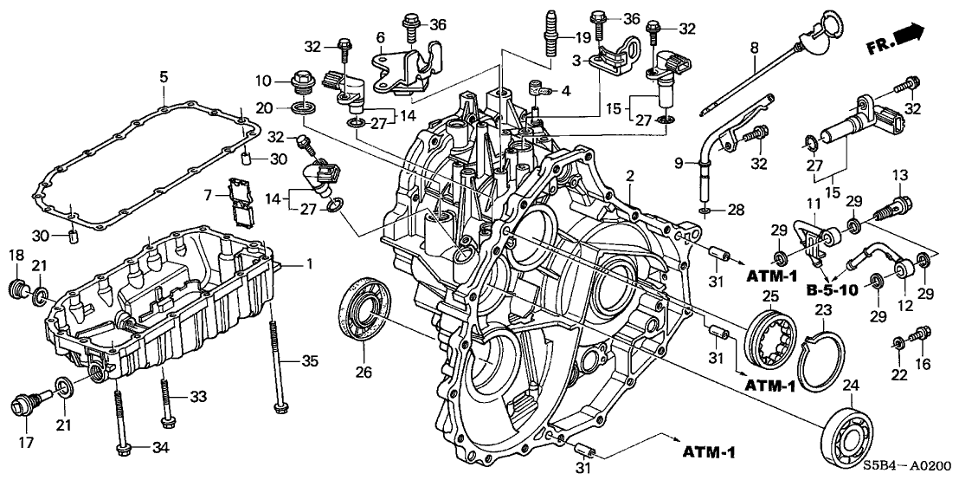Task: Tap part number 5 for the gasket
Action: click(163, 78)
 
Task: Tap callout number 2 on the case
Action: click(631, 176)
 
